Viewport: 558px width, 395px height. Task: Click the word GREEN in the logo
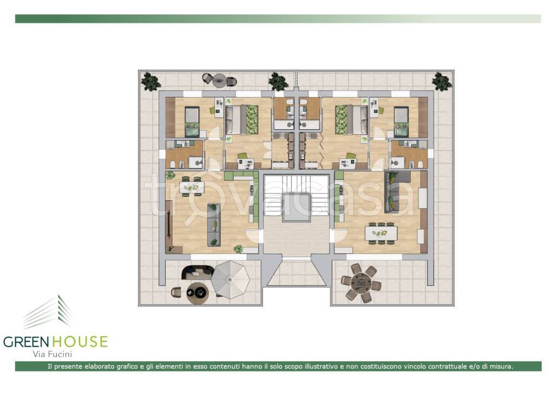pos(26,342)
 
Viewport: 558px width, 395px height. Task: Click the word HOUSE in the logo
pos(80,342)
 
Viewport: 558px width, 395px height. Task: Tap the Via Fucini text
pos(52,354)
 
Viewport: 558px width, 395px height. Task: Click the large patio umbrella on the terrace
pos(231,279)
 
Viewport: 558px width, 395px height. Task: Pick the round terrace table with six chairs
pos(361,283)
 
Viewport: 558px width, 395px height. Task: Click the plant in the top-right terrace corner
pos(442,81)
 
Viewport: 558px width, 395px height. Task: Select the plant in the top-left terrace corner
pos(151,82)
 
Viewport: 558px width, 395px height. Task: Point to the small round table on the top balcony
pos(219,81)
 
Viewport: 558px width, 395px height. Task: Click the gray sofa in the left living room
pos(214,224)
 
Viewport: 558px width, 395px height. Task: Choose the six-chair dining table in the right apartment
pos(381,234)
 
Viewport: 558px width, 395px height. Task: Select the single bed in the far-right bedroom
pos(402,122)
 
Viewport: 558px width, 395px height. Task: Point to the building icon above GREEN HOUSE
pos(48,312)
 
